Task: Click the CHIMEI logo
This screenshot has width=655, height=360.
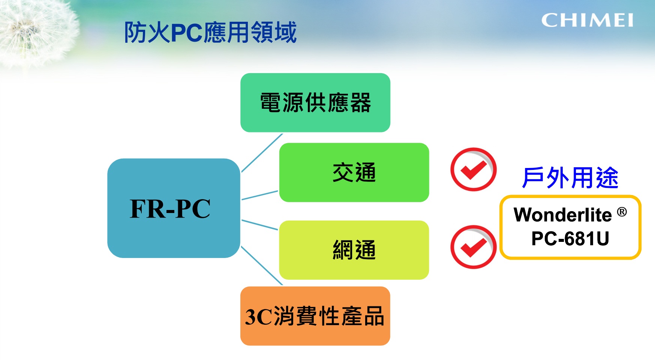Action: [x=587, y=20]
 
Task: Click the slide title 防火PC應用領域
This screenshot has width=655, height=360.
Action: [x=210, y=32]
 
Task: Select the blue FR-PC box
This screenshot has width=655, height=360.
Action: [x=174, y=208]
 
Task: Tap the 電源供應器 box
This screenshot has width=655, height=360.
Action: [x=315, y=103]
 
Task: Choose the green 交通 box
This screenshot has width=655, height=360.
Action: [x=354, y=172]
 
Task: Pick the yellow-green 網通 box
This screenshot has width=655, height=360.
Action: [x=354, y=250]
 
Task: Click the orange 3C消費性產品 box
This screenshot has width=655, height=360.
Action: [x=315, y=316]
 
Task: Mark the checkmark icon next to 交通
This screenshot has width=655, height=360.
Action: [x=473, y=169]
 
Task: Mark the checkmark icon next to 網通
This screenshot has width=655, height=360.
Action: [x=473, y=247]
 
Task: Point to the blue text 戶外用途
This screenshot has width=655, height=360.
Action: [x=570, y=178]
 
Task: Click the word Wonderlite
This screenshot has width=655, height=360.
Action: [x=562, y=215]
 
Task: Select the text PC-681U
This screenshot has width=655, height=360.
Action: [x=570, y=238]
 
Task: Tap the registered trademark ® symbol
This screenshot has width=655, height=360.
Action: [x=622, y=212]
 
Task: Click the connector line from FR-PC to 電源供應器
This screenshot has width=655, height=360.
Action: [x=262, y=153]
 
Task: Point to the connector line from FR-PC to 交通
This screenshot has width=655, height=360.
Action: [x=260, y=195]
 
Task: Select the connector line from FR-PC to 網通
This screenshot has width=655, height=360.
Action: [x=260, y=225]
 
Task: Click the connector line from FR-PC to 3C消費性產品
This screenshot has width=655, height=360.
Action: [x=262, y=265]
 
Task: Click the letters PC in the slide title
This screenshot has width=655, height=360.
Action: [x=187, y=33]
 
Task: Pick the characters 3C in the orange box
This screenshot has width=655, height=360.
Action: [x=258, y=317]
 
